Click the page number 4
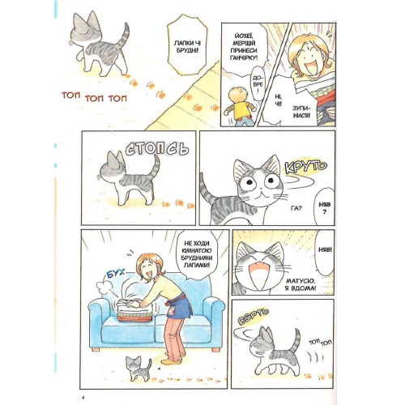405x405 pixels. [x=83, y=398]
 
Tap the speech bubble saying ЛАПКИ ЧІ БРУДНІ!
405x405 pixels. [x=186, y=45]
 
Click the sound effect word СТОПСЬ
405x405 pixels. [x=157, y=148]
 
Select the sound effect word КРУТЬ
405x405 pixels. [x=305, y=167]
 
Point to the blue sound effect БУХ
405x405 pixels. [x=115, y=274]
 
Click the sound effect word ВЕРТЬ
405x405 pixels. [x=254, y=316]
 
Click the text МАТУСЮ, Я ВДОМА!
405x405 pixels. [x=300, y=284]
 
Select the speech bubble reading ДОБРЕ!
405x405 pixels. [x=257, y=83]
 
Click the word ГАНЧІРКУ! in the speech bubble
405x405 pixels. [x=244, y=58]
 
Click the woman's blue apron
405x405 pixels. [x=180, y=305]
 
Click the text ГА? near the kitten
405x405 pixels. [x=296, y=208]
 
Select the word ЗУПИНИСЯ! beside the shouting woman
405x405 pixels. [x=301, y=112]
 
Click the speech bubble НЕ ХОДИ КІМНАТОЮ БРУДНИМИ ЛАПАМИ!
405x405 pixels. [x=198, y=254]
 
